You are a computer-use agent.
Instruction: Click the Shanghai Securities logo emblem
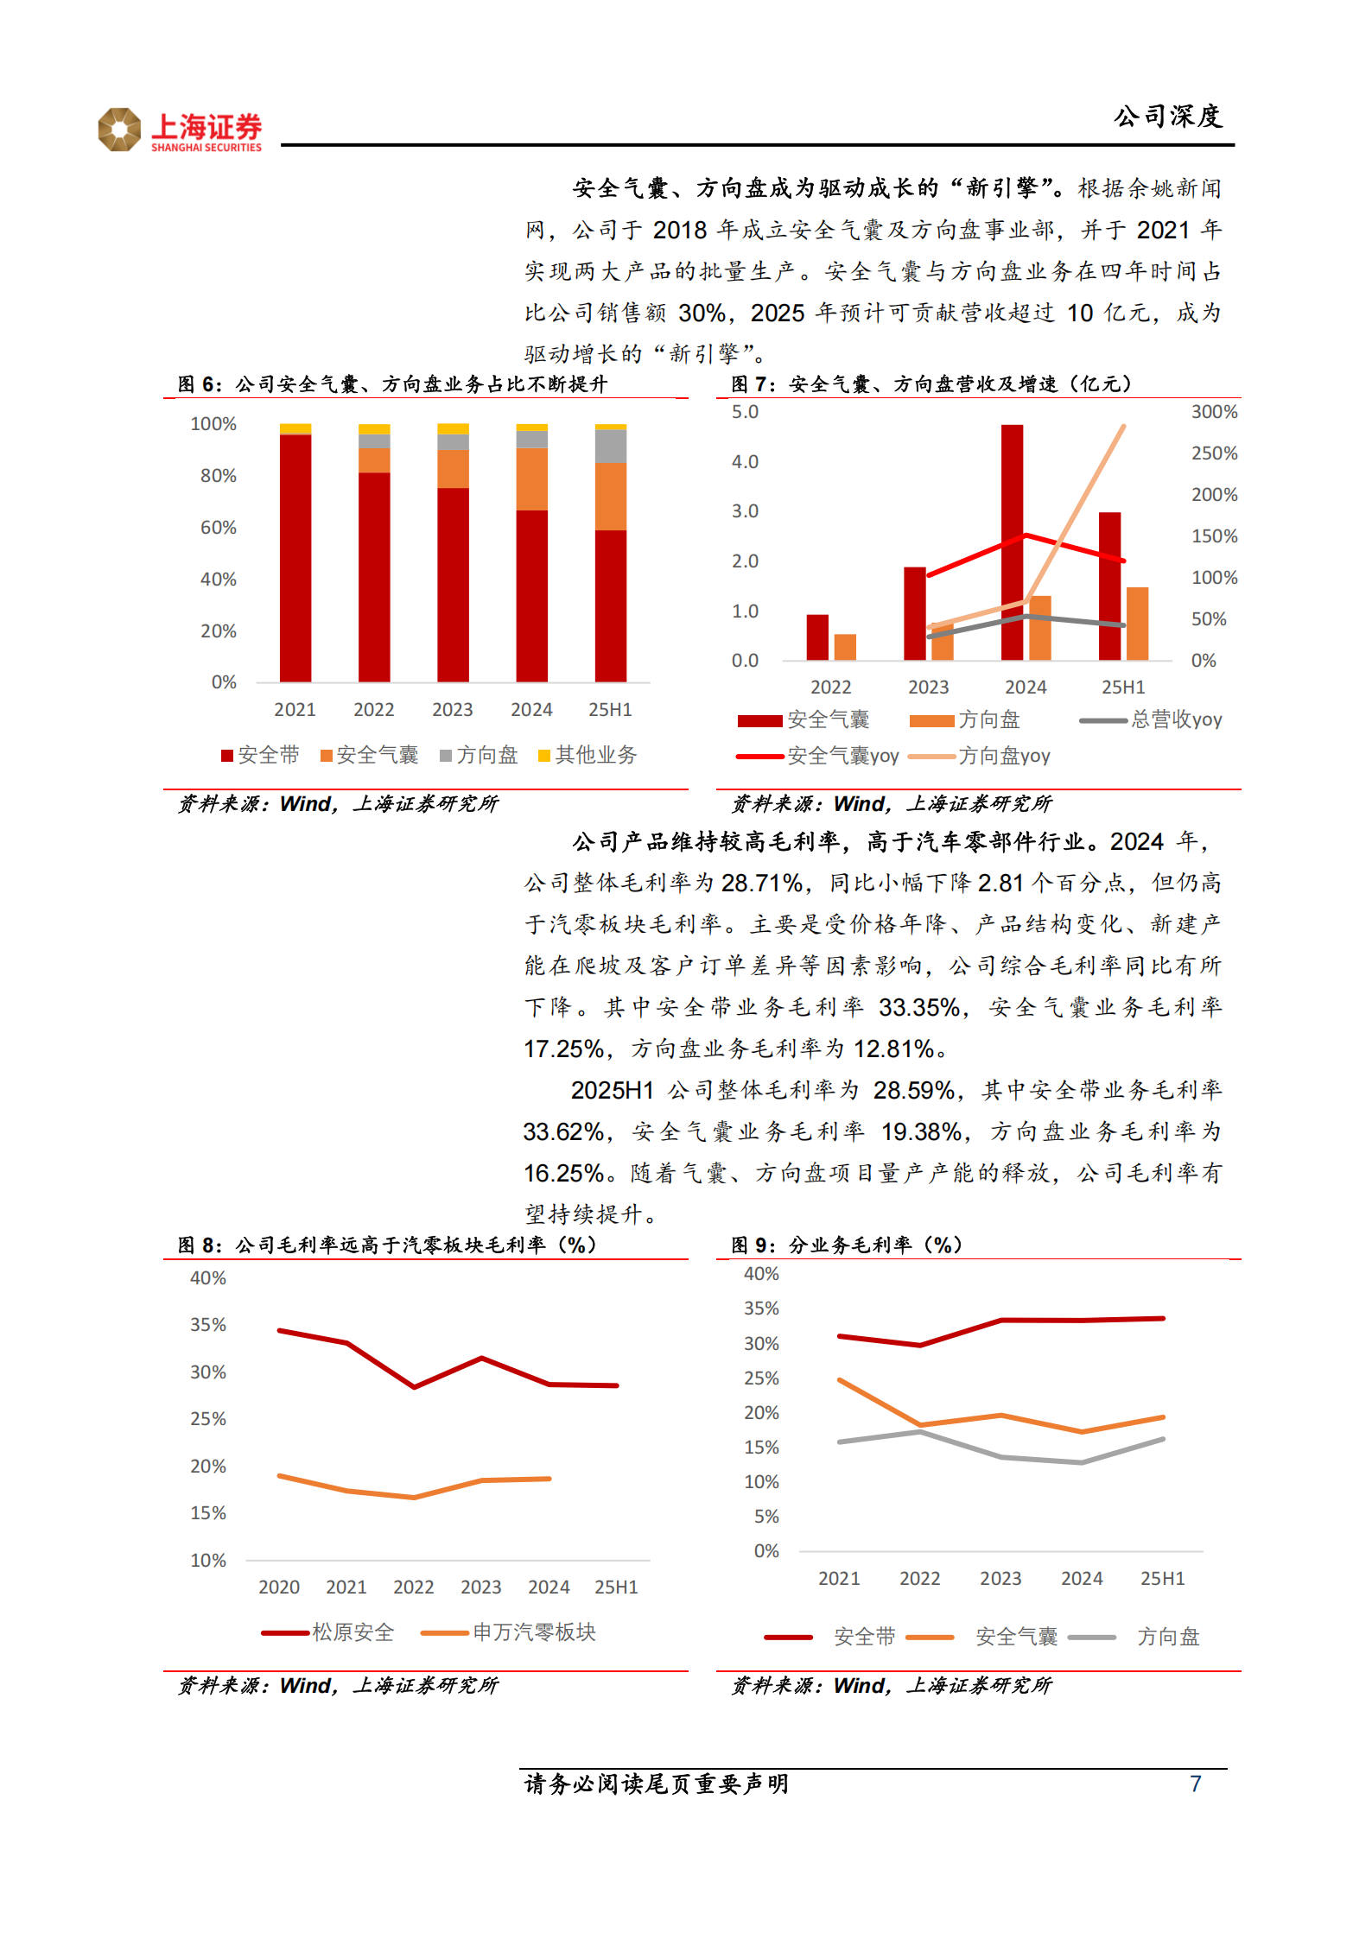tap(119, 130)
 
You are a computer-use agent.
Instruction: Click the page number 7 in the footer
tap(1195, 1784)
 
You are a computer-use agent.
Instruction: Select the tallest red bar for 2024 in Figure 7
tap(1012, 542)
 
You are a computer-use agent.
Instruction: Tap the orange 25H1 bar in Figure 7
tap(1137, 624)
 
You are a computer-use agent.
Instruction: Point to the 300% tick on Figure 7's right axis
tap(1214, 412)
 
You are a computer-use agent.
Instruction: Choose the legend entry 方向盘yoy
tap(1003, 757)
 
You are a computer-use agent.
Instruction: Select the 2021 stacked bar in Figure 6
tap(295, 554)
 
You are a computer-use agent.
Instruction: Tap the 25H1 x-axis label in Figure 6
tap(610, 710)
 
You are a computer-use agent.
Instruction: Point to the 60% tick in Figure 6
tap(218, 528)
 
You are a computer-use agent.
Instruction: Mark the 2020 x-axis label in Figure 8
tap(279, 1587)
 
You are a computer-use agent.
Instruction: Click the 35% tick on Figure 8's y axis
tap(208, 1325)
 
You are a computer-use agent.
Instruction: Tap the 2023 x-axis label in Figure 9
tap(1000, 1579)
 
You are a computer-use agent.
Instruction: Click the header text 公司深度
tap(1167, 117)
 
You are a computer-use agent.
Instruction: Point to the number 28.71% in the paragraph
tap(762, 883)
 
